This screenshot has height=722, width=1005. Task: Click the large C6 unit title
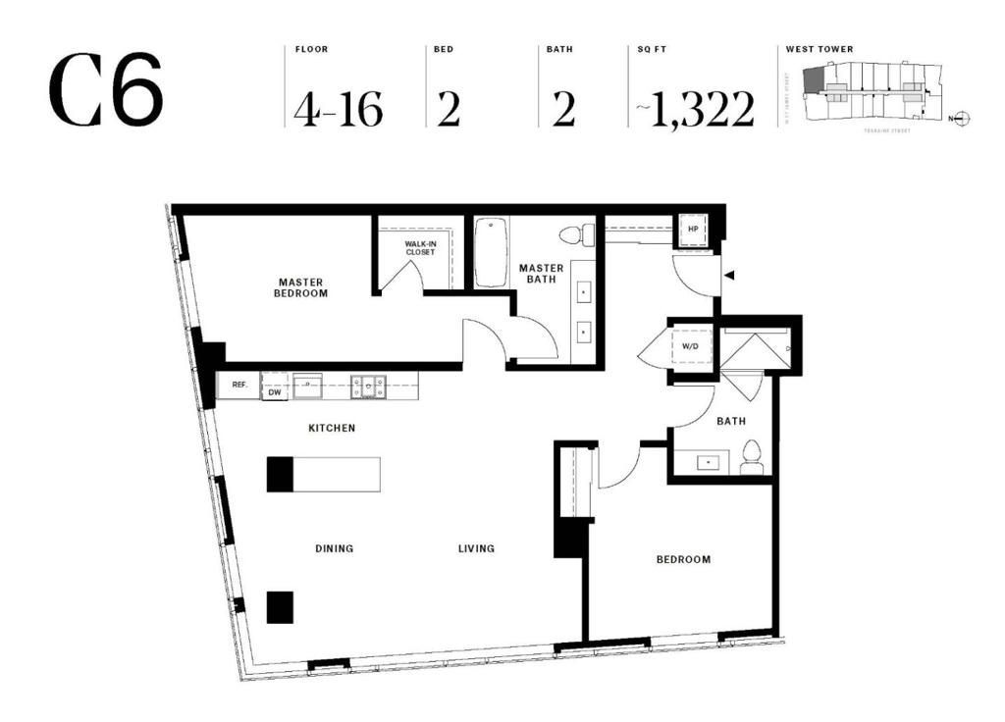click(105, 90)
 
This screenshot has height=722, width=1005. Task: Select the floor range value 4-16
click(338, 109)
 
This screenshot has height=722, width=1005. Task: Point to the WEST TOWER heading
click(820, 49)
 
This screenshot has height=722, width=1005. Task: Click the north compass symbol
click(961, 119)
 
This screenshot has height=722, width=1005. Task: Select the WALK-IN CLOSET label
click(420, 248)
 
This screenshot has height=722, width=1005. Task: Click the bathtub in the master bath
click(491, 253)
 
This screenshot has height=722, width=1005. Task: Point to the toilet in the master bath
click(577, 235)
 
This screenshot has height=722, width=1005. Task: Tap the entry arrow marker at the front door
click(728, 277)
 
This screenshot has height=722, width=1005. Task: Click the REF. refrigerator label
click(238, 386)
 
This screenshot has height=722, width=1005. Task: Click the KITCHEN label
click(332, 428)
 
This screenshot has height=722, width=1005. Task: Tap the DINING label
click(334, 548)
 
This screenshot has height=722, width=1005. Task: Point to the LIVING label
click(476, 548)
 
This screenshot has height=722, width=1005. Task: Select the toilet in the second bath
click(753, 457)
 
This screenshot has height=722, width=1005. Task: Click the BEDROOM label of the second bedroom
click(683, 559)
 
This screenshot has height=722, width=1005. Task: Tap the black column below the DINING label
click(280, 607)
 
